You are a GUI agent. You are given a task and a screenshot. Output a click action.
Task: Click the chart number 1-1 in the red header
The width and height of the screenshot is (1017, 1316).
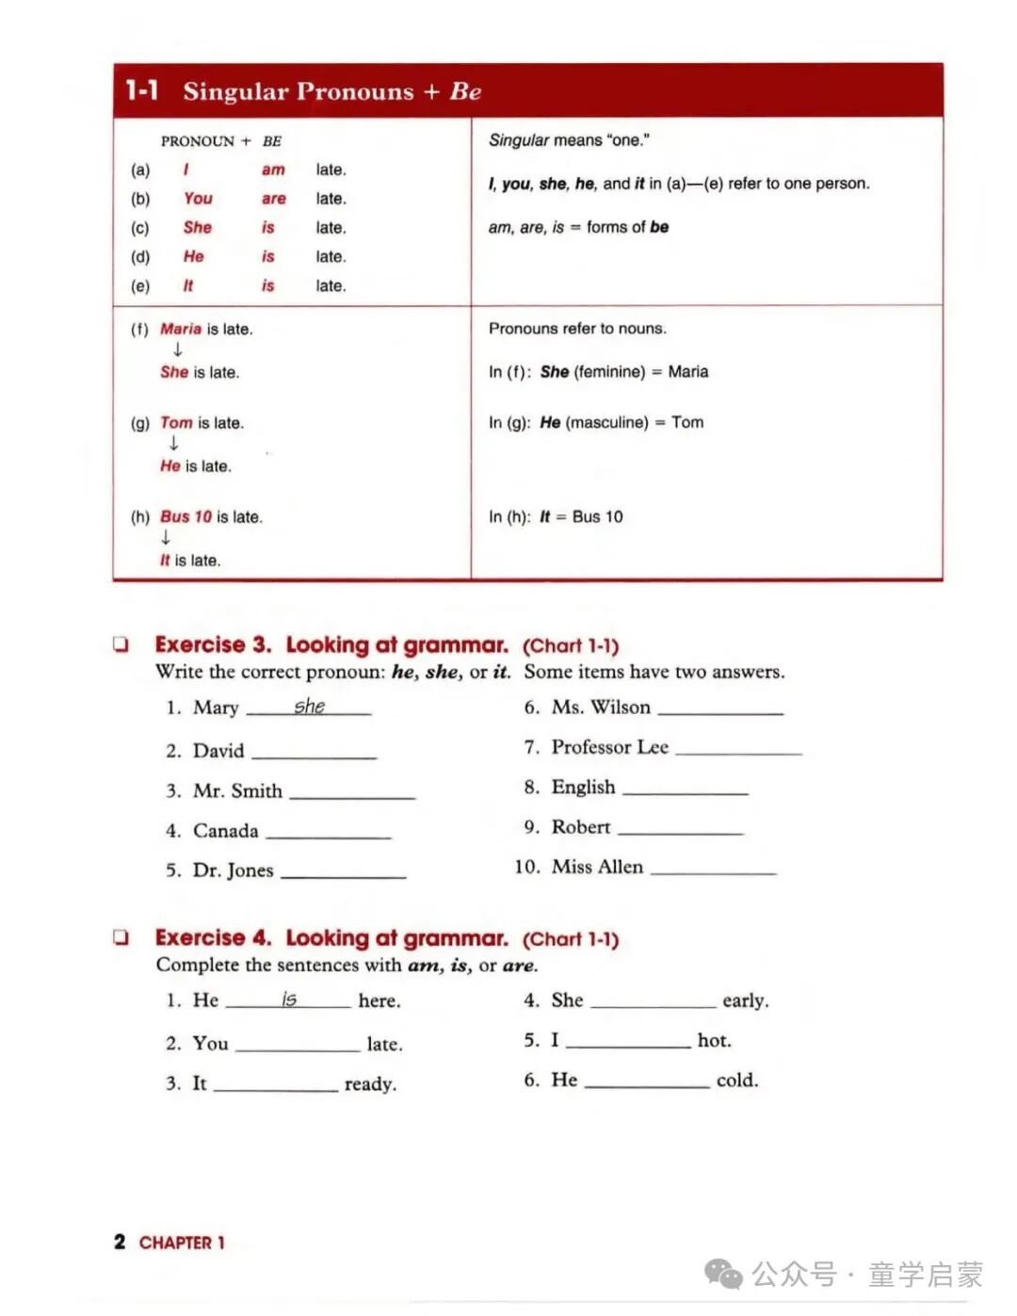click(x=142, y=90)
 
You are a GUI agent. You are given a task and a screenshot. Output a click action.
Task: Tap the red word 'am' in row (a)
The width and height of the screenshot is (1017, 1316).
click(x=273, y=170)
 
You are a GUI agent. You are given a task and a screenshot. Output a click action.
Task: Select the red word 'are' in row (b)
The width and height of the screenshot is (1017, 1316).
click(x=273, y=199)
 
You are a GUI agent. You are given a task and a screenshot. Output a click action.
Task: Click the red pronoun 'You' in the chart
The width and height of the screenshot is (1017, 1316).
click(x=198, y=199)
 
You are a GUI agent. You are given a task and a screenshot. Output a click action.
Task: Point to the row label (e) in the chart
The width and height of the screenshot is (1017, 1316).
click(x=140, y=285)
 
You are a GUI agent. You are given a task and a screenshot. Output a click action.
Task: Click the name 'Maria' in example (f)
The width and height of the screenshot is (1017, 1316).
click(x=181, y=329)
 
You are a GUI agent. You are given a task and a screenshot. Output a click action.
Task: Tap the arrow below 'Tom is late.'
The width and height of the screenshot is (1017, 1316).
click(x=173, y=444)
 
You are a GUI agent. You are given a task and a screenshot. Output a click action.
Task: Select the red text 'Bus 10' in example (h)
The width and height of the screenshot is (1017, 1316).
click(x=186, y=517)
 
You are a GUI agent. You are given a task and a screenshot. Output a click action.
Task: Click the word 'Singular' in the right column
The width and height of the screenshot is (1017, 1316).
click(x=518, y=140)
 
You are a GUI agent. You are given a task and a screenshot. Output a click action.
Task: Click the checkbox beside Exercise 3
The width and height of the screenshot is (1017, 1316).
click(x=121, y=645)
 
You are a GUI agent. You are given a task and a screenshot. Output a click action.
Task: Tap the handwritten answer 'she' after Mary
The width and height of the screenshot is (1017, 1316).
click(x=309, y=706)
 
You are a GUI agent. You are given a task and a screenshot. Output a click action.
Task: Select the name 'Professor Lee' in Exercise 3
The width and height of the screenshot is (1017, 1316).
click(x=609, y=747)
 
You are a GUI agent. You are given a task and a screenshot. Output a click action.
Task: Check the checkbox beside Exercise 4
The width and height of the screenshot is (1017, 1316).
click(x=121, y=937)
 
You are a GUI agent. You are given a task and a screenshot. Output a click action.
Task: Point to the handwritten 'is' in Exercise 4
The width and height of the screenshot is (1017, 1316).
click(x=289, y=999)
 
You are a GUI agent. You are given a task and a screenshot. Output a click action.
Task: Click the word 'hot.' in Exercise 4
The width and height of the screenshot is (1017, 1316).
click(x=714, y=1040)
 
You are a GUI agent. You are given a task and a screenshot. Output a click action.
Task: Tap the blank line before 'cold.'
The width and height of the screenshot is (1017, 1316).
click(x=647, y=1084)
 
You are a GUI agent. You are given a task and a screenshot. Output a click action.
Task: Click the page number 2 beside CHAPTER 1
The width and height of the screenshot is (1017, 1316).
click(x=120, y=1242)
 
